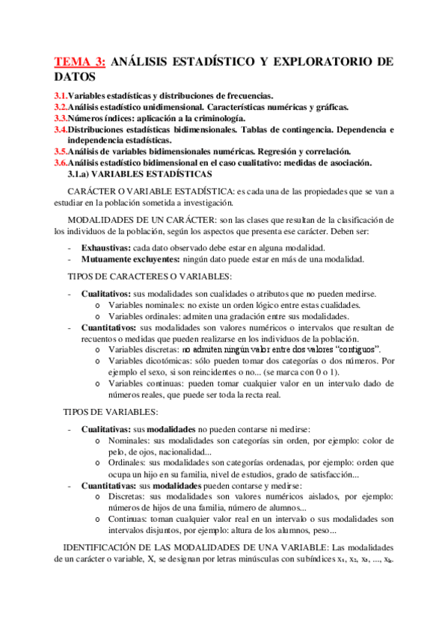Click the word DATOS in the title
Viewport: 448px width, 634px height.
[75, 77]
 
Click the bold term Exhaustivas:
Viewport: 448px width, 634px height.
[105, 247]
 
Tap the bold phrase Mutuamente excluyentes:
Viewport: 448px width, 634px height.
[130, 259]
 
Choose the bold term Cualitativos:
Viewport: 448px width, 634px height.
[108, 295]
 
